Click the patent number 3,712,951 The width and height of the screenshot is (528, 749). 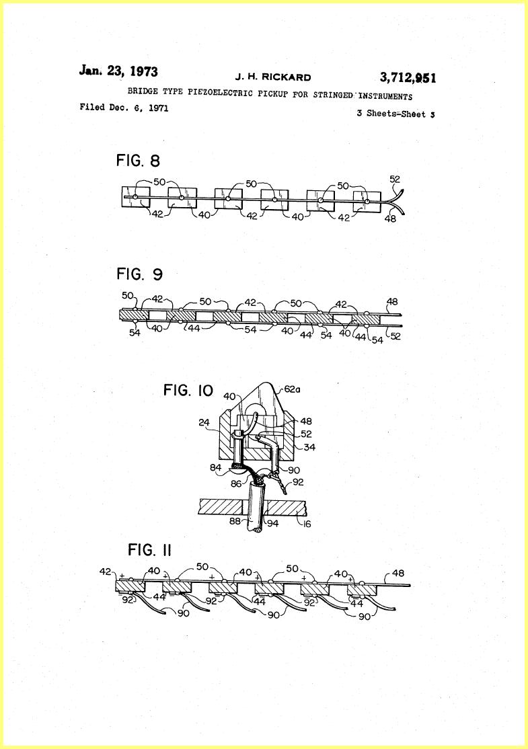[408, 77]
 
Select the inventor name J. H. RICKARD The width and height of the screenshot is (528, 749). [273, 77]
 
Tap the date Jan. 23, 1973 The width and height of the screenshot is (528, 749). [118, 71]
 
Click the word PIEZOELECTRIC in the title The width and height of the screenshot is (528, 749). [220, 92]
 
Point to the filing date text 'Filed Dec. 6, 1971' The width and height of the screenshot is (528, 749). [124, 108]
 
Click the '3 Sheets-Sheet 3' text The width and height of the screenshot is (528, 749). [395, 114]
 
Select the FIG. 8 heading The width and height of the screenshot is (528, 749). [138, 161]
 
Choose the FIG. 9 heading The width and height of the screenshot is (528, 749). [139, 274]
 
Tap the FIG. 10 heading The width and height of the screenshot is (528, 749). [188, 390]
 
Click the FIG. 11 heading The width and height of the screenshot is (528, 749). [149, 550]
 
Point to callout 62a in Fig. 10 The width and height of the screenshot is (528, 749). [293, 389]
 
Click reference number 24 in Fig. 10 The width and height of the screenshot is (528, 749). [204, 422]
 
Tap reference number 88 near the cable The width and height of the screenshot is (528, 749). [235, 521]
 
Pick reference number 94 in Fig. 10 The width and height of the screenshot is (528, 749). [272, 523]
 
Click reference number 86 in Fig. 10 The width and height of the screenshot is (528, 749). [236, 483]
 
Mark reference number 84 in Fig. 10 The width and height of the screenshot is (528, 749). [216, 467]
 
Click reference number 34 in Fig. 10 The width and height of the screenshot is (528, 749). [309, 447]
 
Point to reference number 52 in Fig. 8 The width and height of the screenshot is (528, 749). [395, 179]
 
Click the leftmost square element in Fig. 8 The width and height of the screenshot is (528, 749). [136, 197]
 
